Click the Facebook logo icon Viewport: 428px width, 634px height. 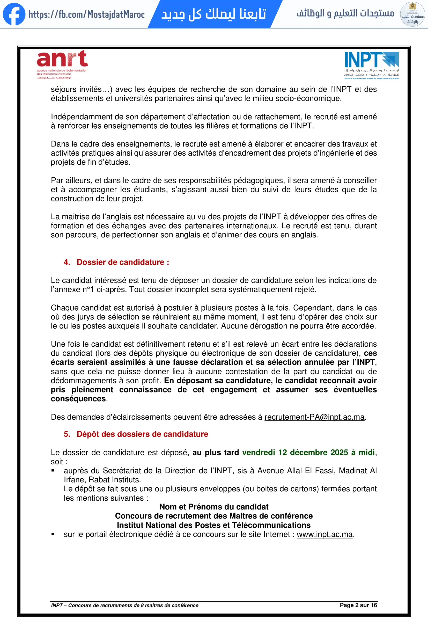click(14, 14)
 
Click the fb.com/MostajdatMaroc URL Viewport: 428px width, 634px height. click(87, 14)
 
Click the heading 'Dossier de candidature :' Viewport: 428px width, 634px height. click(123, 262)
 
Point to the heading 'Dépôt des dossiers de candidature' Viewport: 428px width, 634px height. click(142, 434)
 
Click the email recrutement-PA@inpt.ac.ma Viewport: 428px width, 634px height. click(314, 417)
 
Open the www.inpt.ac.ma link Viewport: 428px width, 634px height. click(324, 534)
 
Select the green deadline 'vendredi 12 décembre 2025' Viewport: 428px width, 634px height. click(295, 452)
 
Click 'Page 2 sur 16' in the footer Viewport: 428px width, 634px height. click(358, 605)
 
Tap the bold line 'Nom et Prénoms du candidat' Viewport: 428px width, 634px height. click(214, 507)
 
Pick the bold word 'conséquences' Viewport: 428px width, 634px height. click(78, 399)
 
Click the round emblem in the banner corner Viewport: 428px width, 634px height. click(412, 14)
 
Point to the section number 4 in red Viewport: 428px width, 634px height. click(67, 262)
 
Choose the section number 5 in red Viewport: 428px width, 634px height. click(67, 434)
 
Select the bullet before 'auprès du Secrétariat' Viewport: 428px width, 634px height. click(53, 471)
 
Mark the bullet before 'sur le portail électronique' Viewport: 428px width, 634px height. click(53, 534)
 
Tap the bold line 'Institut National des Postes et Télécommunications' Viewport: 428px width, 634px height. click(214, 525)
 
